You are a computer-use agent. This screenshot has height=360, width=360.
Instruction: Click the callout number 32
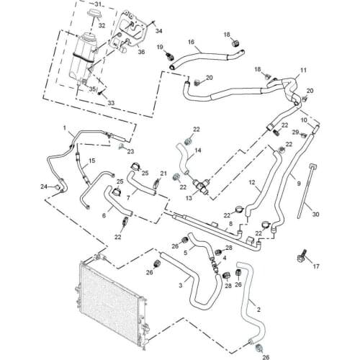click(102, 25)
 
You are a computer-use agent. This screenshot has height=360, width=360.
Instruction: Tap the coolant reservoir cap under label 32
click(95, 13)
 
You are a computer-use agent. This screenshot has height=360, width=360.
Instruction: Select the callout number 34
click(159, 31)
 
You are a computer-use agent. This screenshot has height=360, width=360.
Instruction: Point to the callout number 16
click(191, 42)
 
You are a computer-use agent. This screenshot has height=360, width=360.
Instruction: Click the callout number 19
click(160, 47)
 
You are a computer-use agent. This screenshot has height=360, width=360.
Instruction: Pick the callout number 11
click(303, 71)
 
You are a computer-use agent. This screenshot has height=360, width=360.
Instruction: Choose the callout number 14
click(198, 150)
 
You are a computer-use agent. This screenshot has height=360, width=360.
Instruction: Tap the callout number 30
click(315, 214)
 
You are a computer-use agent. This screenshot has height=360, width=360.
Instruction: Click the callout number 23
click(130, 151)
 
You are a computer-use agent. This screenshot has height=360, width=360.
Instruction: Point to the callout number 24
click(44, 186)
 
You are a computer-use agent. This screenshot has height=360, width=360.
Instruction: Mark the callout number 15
click(92, 161)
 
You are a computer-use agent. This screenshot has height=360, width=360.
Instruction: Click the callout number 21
click(163, 174)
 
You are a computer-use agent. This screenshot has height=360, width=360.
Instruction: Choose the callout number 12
click(252, 183)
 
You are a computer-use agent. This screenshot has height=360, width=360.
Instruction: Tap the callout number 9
click(299, 184)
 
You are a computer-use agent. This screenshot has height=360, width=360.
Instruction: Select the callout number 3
click(181, 285)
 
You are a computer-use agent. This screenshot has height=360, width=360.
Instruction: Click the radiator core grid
click(110, 302)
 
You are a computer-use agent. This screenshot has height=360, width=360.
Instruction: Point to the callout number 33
click(111, 103)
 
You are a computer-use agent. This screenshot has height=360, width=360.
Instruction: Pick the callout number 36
click(141, 52)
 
